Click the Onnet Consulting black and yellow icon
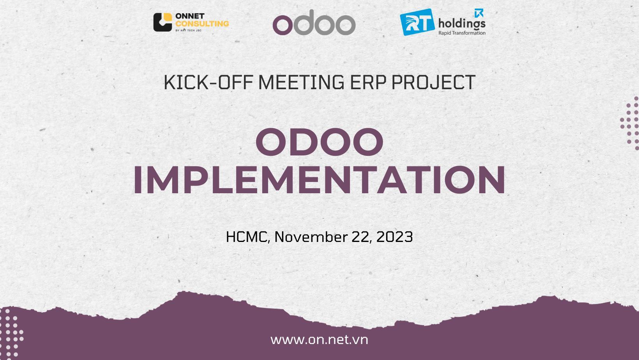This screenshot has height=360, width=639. [x=162, y=22]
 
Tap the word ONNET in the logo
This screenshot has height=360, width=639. [x=190, y=16]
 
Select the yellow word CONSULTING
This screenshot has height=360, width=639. [x=202, y=23]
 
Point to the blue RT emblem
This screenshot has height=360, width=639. [x=417, y=22]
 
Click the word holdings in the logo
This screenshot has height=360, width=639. [x=462, y=23]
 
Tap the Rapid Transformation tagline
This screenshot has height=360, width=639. [x=462, y=33]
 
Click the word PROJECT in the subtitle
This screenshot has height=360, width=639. [x=433, y=83]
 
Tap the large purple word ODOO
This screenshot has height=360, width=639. [x=319, y=142]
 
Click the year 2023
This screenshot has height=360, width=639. [x=394, y=237]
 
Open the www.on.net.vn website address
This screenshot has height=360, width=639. [x=319, y=340]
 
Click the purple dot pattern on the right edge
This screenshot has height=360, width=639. [x=630, y=123]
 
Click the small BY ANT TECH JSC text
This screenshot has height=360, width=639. [x=189, y=30]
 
